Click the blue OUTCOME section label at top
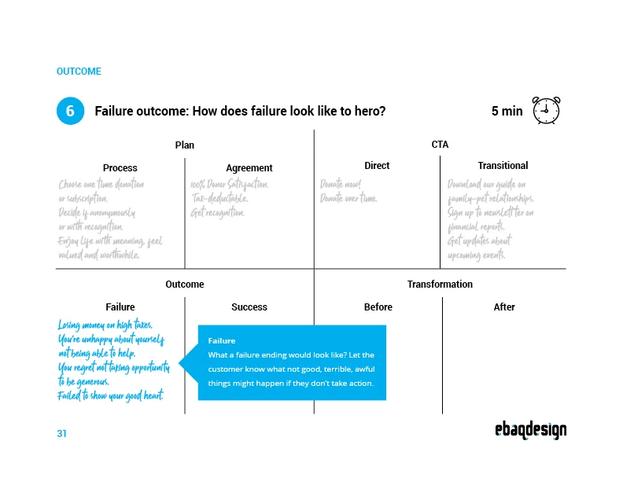[79, 72]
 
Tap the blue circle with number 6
[70, 111]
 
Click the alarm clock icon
[547, 110]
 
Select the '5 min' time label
[507, 111]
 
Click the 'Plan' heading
[185, 145]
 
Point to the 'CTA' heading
[440, 145]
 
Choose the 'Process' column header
[120, 168]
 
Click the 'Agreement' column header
[249, 168]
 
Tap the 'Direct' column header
[377, 166]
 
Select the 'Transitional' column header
[503, 166]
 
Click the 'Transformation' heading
[440, 285]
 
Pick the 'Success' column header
[249, 307]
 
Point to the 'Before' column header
[378, 307]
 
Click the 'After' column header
[504, 307]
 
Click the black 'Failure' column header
[120, 307]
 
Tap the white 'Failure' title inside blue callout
[222, 341]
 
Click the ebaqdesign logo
[531, 430]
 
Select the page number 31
[61, 434]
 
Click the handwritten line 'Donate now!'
[341, 184]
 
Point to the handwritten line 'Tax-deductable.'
[219, 198]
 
